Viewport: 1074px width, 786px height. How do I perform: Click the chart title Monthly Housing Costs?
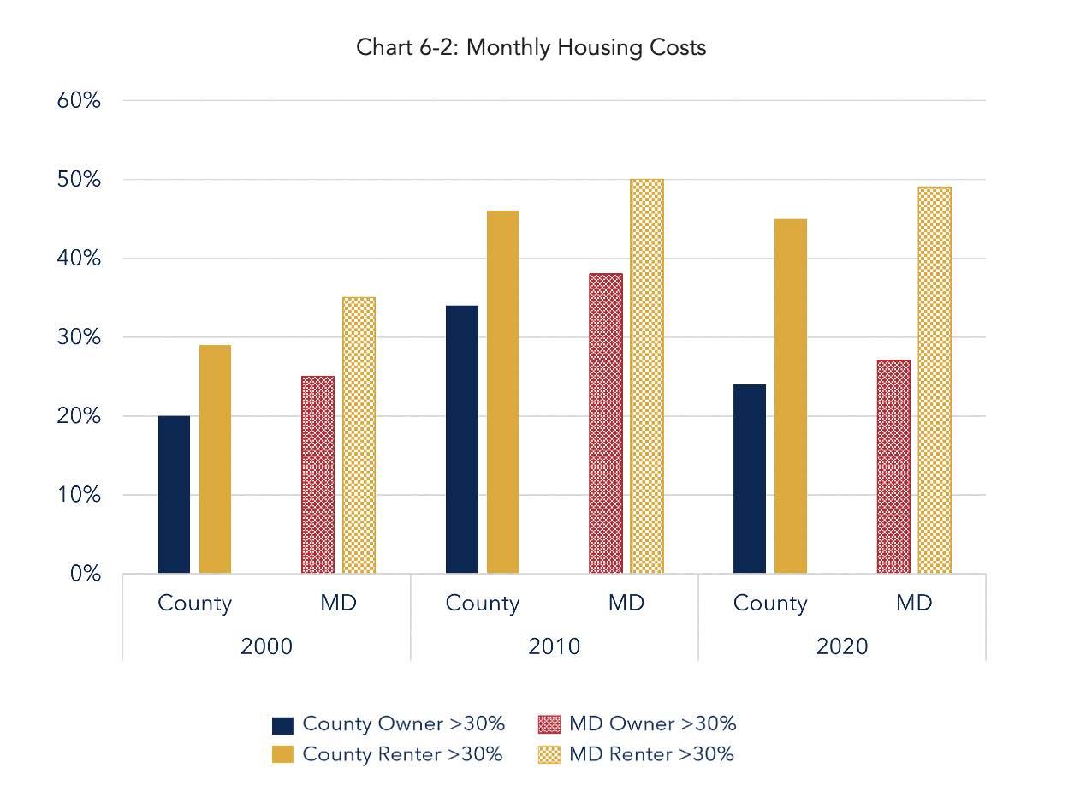point(531,47)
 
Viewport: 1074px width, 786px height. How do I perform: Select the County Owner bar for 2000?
point(175,494)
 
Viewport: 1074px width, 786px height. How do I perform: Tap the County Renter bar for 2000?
point(215,459)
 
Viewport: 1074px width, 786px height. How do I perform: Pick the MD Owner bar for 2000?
point(318,474)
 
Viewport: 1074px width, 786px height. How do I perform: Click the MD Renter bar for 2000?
point(359,435)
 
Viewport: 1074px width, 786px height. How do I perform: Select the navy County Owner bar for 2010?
point(462,438)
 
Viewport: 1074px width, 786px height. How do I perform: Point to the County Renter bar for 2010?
point(502,391)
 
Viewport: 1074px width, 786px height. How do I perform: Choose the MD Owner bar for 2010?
point(606,423)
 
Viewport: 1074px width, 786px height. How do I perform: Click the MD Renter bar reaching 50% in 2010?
point(646,376)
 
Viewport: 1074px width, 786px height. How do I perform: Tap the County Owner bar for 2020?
point(750,479)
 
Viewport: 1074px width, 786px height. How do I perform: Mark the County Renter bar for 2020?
point(790,396)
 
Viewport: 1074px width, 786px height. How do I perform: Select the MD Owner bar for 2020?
point(893,467)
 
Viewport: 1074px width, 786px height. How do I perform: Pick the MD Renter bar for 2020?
point(934,380)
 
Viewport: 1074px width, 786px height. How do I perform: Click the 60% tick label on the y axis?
point(80,101)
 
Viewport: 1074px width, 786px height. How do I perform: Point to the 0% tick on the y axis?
point(86,574)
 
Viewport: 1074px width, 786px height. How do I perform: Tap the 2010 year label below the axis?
point(555,646)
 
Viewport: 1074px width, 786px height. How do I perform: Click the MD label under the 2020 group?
point(914,603)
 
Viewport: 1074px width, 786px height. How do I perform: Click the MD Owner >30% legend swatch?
point(549,724)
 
